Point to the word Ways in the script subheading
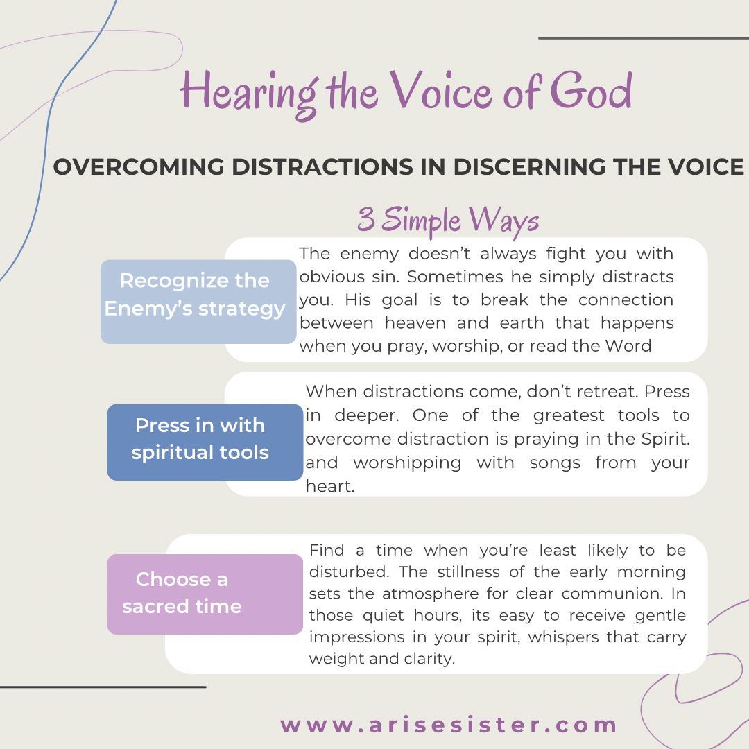(x=504, y=221)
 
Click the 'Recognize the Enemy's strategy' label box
(x=198, y=302)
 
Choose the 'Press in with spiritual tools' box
(x=205, y=442)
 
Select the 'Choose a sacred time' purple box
(x=205, y=594)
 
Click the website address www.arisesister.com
(x=448, y=725)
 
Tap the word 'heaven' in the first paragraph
(x=413, y=323)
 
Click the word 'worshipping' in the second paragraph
(x=407, y=463)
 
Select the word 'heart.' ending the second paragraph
(x=330, y=485)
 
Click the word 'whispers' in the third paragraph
(x=563, y=637)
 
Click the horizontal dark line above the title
(x=644, y=38)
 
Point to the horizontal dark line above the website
(x=103, y=687)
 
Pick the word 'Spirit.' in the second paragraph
(x=665, y=439)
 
